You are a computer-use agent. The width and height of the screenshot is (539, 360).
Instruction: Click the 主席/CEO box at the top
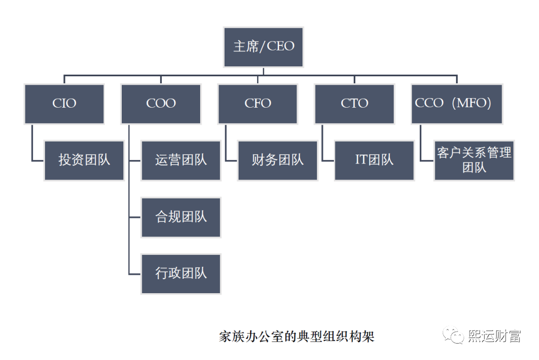tap(263, 47)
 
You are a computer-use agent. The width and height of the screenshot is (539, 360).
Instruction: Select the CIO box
tap(64, 103)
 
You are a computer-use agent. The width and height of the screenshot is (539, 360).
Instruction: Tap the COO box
tap(161, 103)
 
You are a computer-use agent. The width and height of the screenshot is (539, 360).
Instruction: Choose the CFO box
tap(258, 103)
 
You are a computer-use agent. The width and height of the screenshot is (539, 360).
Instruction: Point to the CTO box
tap(354, 103)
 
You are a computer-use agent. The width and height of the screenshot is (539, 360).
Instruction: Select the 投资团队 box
tap(84, 160)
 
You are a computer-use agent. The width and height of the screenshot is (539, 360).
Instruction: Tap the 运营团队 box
tap(181, 160)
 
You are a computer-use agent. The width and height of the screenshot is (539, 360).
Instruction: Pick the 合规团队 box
tap(181, 217)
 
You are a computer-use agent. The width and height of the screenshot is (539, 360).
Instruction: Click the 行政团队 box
tap(181, 273)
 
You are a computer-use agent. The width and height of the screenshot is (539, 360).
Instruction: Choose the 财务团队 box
tap(277, 160)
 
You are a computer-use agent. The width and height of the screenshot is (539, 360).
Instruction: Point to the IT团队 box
tap(374, 160)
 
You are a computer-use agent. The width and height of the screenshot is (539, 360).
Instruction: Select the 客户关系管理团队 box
tap(474, 160)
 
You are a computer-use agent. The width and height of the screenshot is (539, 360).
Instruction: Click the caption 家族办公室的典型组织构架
tap(296, 336)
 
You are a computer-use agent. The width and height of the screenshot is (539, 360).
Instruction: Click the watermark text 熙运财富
tap(494, 336)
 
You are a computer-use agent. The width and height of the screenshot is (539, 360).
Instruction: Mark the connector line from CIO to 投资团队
tap(32, 145)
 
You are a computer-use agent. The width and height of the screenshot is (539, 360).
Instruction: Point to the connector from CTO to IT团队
tap(322, 145)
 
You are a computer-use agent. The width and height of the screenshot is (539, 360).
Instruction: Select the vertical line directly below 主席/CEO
tap(263, 71)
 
